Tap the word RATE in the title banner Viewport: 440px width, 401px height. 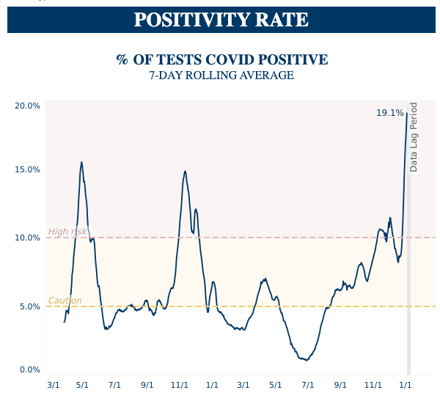[283, 20]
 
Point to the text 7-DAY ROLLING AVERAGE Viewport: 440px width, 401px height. [221, 76]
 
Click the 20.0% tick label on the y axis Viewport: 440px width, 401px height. [27, 106]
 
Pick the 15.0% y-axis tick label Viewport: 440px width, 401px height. [27, 169]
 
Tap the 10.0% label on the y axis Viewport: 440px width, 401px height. [27, 238]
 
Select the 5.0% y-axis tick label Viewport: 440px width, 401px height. [29, 306]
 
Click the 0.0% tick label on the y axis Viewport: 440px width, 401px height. [29, 369]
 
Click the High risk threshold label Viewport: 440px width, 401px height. [67, 232]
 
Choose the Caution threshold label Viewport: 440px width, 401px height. [65, 301]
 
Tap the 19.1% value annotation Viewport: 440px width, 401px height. [389, 113]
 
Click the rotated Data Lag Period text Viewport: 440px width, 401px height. [414, 137]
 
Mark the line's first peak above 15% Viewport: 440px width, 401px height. [81, 163]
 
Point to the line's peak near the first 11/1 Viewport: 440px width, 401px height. [185, 172]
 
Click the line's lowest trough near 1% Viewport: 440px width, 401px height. [306, 360]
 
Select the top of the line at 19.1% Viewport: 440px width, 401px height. [407, 113]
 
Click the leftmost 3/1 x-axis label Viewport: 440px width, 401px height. [54, 384]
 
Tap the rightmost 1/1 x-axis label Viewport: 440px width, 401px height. [405, 384]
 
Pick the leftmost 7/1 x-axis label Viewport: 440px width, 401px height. [115, 384]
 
